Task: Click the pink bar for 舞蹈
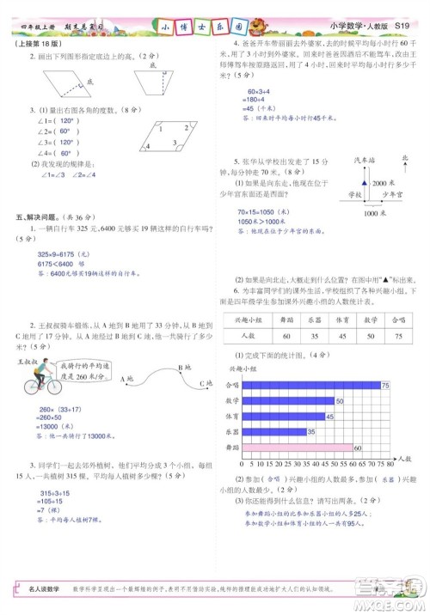[296, 448]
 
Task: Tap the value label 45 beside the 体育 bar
[330, 417]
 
